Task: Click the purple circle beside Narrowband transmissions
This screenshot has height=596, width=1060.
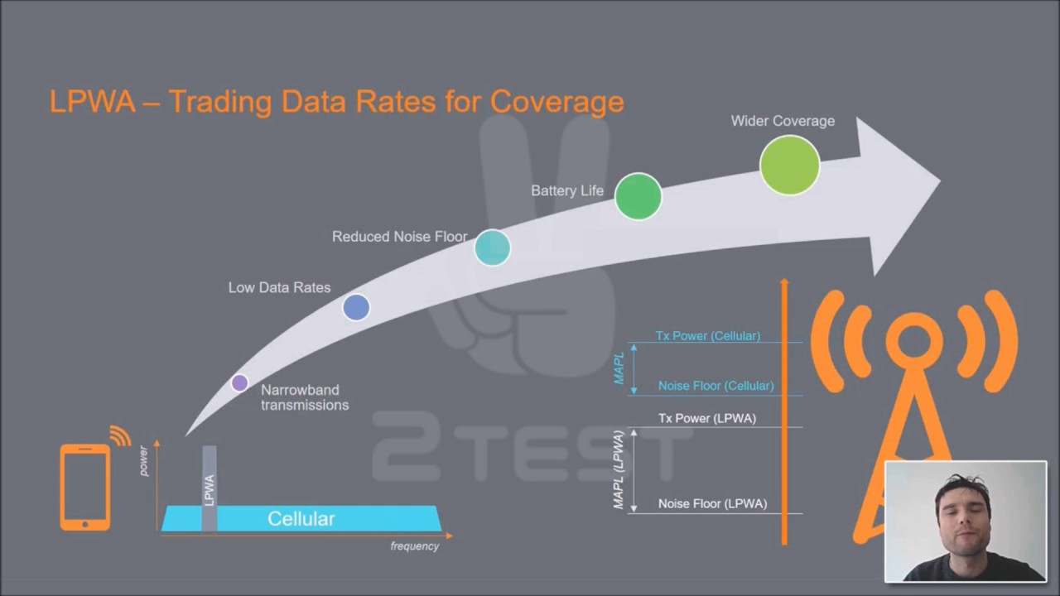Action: coord(239,382)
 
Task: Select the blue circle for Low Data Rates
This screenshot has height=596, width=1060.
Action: coord(356,307)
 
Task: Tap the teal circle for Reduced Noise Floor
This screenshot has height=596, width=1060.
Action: coord(492,248)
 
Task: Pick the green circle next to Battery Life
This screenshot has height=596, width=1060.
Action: coord(638,196)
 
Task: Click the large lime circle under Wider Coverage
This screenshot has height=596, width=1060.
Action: coord(789,165)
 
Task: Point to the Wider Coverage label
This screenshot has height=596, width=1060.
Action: coord(783,121)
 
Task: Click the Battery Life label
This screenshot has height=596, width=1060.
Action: coord(567,190)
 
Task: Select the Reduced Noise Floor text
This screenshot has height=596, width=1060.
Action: coord(399,237)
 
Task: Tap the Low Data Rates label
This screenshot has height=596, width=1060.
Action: coord(279,287)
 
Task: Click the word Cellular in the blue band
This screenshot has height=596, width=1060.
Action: coord(301,519)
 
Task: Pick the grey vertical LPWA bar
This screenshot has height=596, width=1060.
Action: coord(210,488)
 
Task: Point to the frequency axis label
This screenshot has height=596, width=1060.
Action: coord(415,546)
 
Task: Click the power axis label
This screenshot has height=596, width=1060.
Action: coord(143,461)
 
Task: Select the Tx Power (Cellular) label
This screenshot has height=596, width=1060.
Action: coord(708,336)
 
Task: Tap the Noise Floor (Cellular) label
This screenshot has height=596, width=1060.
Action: coord(716,386)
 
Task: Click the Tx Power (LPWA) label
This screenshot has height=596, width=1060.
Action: coord(707,419)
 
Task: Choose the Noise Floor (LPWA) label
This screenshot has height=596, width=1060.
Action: coord(713,504)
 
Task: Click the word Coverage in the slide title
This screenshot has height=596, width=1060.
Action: coord(557,102)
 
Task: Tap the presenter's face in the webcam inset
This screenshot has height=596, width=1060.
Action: coord(963,518)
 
